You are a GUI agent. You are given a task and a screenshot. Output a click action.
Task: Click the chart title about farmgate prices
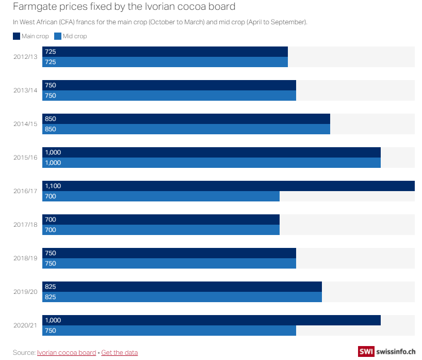click(x=124, y=7)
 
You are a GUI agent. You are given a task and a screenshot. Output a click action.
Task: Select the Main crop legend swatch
click(x=17, y=36)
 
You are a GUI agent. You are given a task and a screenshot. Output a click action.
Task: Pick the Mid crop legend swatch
click(x=58, y=36)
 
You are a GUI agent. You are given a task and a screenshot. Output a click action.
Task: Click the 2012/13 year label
click(x=25, y=57)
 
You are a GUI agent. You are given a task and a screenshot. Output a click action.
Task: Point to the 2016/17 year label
click(x=25, y=191)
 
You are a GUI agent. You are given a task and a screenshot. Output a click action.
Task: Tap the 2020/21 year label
click(x=25, y=325)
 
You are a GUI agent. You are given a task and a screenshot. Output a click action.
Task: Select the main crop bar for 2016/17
click(x=229, y=186)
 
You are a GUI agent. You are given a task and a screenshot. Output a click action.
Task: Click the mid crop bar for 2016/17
click(x=161, y=196)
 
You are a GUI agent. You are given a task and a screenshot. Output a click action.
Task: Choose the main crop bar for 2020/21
click(x=212, y=320)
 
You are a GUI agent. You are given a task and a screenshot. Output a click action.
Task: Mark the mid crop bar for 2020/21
click(x=169, y=331)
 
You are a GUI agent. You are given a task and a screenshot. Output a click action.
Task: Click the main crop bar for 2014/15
click(x=186, y=119)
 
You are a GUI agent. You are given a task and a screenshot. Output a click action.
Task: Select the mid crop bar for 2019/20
click(x=182, y=297)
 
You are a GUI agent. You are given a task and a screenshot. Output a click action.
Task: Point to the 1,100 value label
click(x=53, y=186)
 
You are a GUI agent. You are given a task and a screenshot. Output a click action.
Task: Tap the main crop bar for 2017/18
click(x=161, y=220)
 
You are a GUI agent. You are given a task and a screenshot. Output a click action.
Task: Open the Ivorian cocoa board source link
click(x=67, y=352)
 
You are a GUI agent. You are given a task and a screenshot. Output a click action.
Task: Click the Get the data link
click(x=120, y=352)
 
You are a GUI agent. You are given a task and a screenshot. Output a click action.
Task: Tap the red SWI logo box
click(x=366, y=351)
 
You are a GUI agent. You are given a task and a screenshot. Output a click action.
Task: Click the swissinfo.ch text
click(x=396, y=351)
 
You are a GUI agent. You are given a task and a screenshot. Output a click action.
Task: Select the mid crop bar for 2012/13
click(x=165, y=62)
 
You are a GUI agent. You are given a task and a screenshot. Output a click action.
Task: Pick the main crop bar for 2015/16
click(x=212, y=152)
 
